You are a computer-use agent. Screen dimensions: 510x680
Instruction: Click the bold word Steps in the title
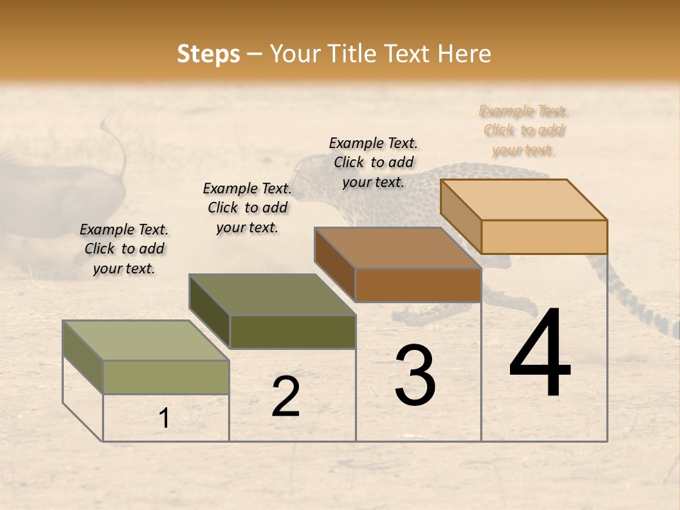point(208,54)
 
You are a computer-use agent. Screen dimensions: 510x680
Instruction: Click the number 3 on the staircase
point(415,375)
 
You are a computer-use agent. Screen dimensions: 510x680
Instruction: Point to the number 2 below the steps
point(286,397)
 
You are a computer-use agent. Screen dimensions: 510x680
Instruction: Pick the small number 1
point(164,419)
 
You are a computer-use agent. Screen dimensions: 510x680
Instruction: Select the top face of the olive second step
point(272,295)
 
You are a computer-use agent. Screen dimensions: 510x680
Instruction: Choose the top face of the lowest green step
point(146,341)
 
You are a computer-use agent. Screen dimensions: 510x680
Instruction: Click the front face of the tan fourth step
point(544,237)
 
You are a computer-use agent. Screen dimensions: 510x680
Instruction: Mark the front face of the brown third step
point(418,285)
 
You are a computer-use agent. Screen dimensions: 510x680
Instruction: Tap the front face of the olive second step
point(293,331)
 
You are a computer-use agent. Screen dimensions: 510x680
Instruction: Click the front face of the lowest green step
point(166,377)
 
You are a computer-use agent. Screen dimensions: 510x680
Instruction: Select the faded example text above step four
point(524,130)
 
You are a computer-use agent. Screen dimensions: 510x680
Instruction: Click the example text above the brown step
point(373,162)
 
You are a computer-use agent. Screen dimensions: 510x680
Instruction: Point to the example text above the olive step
point(247,208)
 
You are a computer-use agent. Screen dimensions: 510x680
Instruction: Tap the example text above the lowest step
point(124,249)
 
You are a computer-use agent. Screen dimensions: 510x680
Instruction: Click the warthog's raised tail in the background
point(117,145)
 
